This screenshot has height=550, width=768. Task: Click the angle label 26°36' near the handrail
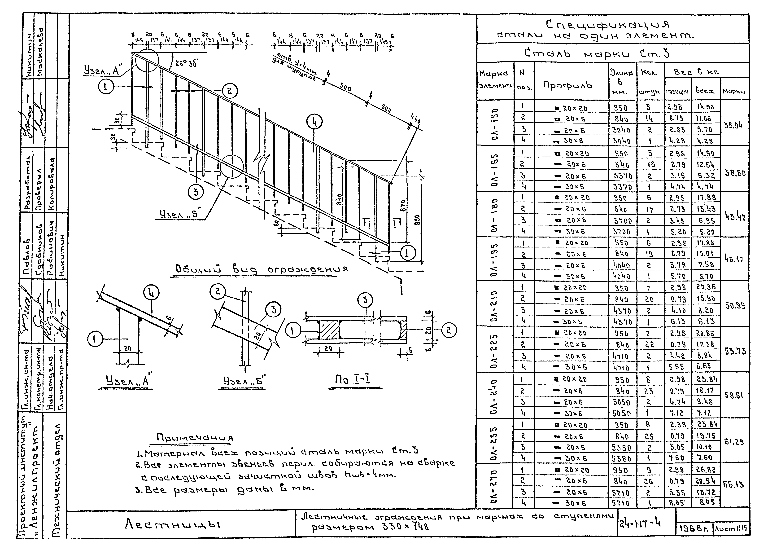click(x=186, y=63)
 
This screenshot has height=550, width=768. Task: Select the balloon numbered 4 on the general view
click(x=314, y=122)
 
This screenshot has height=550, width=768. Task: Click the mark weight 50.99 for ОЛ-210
click(x=734, y=306)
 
